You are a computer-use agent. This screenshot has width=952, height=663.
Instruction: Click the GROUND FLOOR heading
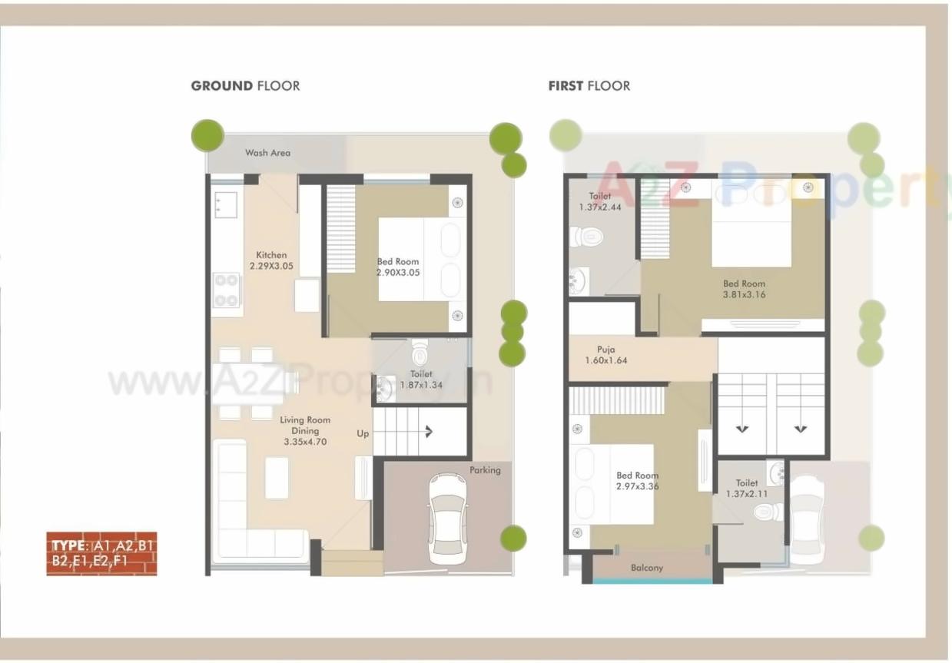[x=245, y=86]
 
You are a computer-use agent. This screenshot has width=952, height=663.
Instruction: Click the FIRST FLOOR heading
[x=589, y=86]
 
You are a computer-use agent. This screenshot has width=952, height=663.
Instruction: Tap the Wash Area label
[x=267, y=153]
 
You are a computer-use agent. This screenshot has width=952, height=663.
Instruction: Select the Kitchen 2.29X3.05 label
[x=271, y=260]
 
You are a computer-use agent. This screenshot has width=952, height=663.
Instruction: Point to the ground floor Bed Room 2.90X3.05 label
[x=398, y=267]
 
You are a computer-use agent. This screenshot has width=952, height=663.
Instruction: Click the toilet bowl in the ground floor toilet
[x=420, y=353]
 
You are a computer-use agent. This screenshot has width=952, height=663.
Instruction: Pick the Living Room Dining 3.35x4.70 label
[x=305, y=431]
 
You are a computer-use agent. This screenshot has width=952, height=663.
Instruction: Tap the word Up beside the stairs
[x=363, y=433]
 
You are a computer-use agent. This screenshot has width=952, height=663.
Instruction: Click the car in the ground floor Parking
[x=447, y=518]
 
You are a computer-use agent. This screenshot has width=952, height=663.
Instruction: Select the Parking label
[x=485, y=470]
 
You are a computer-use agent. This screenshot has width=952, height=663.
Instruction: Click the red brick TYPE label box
[x=101, y=553]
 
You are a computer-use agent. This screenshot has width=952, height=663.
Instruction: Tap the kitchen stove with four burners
[x=227, y=290]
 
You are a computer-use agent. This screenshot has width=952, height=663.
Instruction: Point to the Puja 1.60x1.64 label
[x=605, y=354]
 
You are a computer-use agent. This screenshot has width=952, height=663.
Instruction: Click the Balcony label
[x=646, y=568]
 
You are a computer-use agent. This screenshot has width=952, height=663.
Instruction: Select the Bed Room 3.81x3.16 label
[x=744, y=289]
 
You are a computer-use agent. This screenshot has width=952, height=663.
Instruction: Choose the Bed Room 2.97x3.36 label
[x=637, y=481]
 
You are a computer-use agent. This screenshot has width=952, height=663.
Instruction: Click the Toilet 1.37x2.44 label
[x=600, y=202]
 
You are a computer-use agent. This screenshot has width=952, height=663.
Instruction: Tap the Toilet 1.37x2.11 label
[x=746, y=489]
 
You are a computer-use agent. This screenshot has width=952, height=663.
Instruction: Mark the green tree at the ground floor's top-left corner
[x=207, y=136]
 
